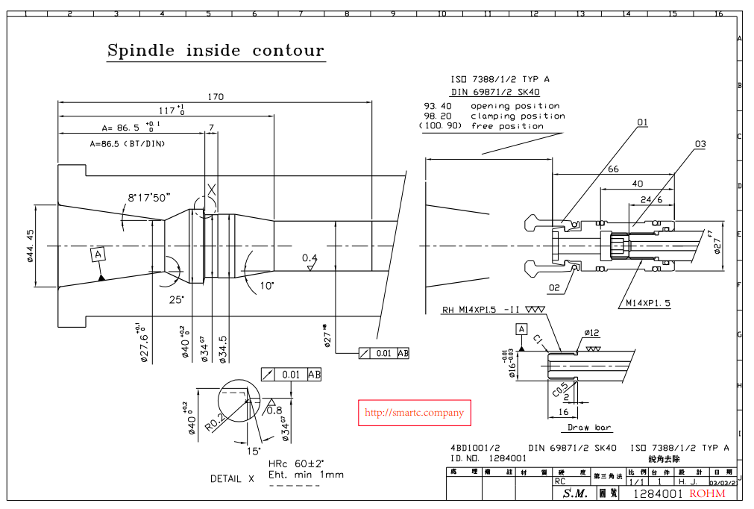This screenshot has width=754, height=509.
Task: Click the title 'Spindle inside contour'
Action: tap(216, 51)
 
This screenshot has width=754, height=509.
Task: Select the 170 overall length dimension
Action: tap(216, 96)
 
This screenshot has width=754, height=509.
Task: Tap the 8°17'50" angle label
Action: tap(149, 197)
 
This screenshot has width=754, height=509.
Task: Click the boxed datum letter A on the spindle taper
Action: tap(98, 254)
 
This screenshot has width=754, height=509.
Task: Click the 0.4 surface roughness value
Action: tap(310, 258)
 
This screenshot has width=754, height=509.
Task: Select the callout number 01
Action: tap(642, 122)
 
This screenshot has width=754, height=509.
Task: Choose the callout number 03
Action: tap(700, 143)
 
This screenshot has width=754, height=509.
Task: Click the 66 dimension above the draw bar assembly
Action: tap(613, 169)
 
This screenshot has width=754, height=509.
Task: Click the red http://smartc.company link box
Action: tap(414, 413)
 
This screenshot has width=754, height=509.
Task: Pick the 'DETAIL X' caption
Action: tap(232, 478)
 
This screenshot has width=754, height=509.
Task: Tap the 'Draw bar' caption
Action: tap(589, 428)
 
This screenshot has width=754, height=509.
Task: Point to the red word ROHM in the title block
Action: tap(707, 494)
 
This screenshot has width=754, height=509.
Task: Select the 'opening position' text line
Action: tap(515, 106)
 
